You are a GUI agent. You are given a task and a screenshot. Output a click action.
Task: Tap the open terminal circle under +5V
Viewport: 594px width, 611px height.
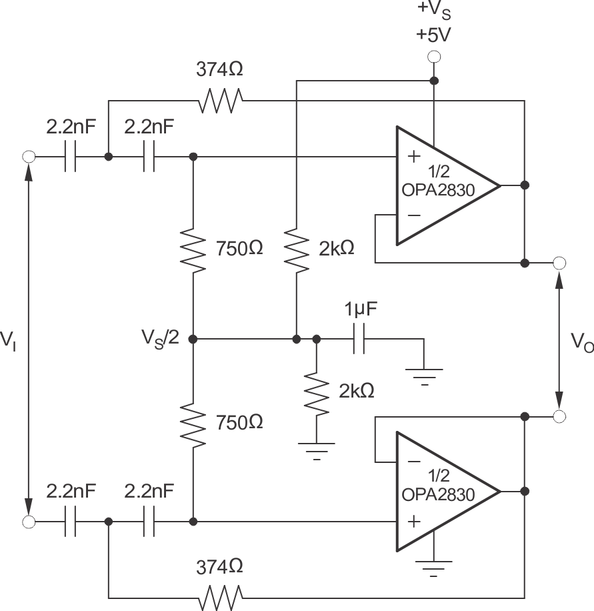434,57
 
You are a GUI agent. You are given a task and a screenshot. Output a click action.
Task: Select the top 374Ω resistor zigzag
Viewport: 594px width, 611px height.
220,101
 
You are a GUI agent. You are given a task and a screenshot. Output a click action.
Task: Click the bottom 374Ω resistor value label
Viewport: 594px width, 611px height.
219,567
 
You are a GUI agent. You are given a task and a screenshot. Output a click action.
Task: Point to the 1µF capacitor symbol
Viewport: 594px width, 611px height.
361,339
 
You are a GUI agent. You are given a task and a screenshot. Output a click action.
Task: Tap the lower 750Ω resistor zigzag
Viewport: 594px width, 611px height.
193,424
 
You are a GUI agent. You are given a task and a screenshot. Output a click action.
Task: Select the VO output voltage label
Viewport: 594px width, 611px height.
580,342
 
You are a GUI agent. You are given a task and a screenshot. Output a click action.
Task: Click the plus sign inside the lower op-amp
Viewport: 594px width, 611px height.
414,520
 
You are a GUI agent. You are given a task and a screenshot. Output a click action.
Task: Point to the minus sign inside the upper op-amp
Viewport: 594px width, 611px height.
414,215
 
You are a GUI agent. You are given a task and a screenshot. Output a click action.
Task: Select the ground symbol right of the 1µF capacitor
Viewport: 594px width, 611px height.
423,375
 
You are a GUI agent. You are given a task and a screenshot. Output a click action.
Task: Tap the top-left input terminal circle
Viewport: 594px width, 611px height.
29,157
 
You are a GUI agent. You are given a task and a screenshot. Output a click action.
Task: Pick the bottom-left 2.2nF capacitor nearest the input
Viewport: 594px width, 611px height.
71,521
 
